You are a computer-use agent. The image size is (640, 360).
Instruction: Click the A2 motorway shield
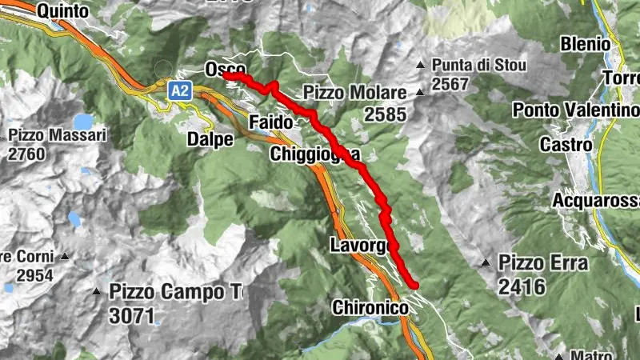coord(182,91)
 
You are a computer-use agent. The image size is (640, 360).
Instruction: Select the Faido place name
coord(271,122)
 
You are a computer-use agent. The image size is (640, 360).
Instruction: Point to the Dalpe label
coord(210,139)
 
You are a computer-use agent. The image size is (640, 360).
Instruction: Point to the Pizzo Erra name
coord(543,262)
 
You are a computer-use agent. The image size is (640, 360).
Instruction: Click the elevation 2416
coord(521,286)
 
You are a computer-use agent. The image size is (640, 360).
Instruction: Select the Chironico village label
coord(369,306)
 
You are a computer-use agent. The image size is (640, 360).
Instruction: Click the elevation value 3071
coord(132,315)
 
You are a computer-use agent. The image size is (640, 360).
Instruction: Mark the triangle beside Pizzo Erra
coord(485,262)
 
